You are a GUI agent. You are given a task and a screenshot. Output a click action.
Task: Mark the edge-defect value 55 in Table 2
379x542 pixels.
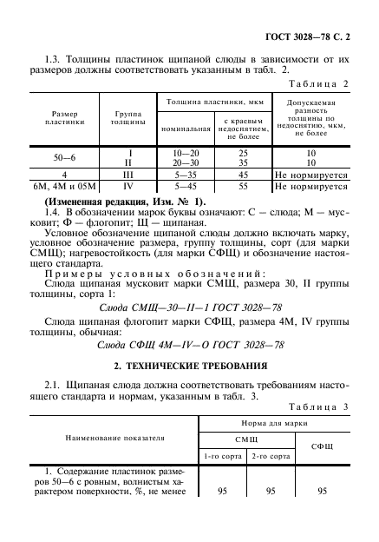click(x=244, y=186)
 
